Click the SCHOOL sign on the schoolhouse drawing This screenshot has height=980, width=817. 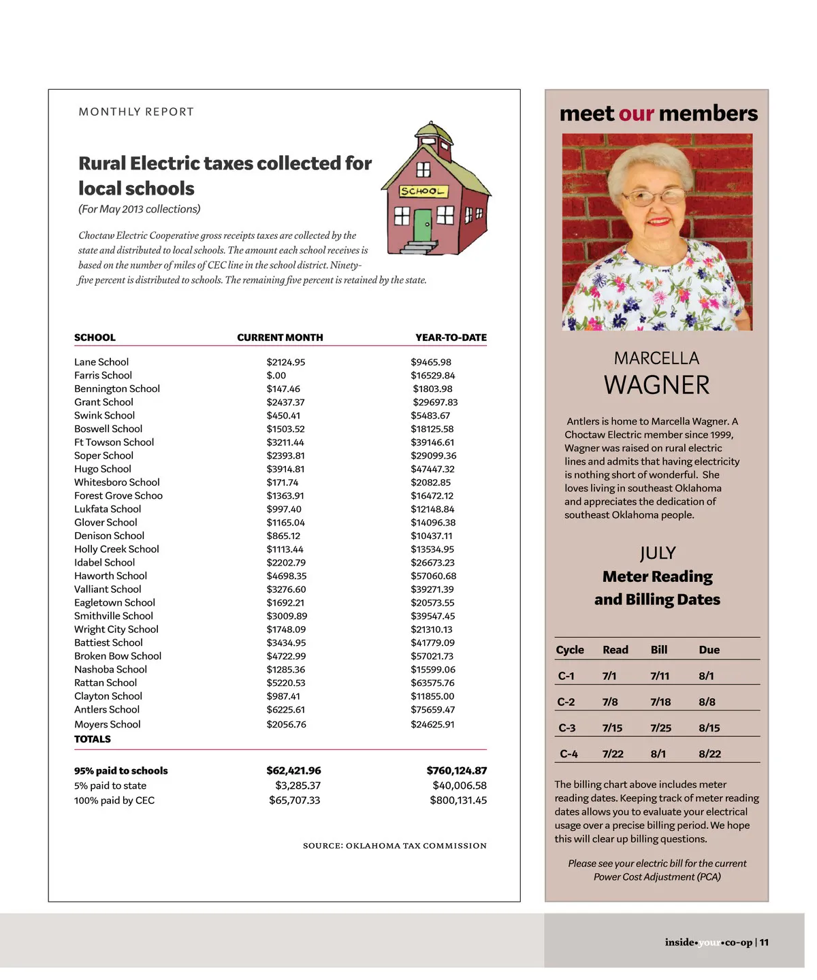tap(423, 191)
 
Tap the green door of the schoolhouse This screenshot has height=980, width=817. tap(423, 225)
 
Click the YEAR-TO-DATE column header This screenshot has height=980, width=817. tap(451, 338)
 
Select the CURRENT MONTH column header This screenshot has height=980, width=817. tap(280, 338)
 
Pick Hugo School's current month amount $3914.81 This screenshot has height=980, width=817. tap(285, 469)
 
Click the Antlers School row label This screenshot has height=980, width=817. tap(107, 709)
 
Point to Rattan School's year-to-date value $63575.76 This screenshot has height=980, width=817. tap(432, 683)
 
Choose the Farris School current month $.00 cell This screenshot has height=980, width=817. tap(276, 375)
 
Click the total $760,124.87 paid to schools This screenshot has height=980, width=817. tap(456, 770)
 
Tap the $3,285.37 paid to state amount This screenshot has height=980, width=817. tap(298, 785)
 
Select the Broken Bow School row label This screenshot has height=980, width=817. tap(118, 656)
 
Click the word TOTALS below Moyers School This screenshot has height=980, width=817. tap(93, 739)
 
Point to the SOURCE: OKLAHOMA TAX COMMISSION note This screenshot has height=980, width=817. tap(395, 846)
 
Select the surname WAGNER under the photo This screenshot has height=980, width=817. tap(656, 385)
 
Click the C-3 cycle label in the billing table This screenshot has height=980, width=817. tap(566, 728)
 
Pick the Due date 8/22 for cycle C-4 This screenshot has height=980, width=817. tap(709, 754)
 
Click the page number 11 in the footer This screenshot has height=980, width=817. tap(764, 943)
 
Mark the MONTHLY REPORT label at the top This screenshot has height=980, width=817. tap(136, 112)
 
